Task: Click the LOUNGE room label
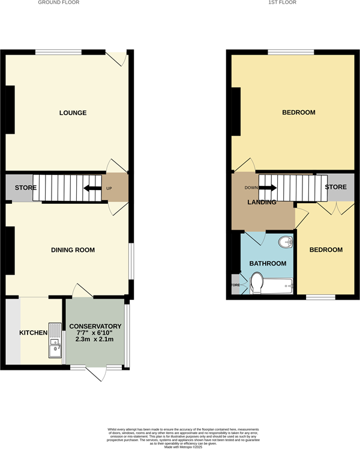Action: (73, 113)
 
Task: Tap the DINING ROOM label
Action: (73, 250)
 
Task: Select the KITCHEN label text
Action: (33, 333)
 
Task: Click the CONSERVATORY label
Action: (95, 326)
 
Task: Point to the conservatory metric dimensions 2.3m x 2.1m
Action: (95, 339)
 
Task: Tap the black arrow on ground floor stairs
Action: (92, 188)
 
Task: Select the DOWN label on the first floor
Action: (251, 188)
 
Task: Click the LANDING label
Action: (262, 203)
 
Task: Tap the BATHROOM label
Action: (268, 263)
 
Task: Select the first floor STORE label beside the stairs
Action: (335, 187)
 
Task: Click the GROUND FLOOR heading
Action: (58, 2)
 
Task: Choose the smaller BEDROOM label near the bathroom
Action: (326, 250)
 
